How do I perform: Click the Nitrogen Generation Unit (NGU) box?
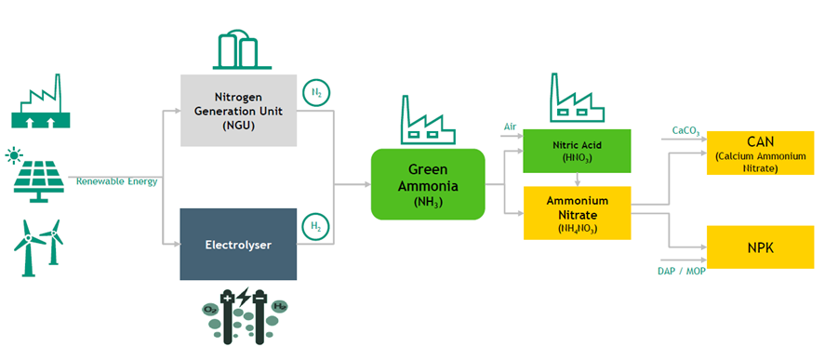coord(238,112)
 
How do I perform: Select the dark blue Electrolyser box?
coord(238,245)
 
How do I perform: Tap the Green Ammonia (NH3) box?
coord(428,184)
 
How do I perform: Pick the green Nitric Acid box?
coord(578,152)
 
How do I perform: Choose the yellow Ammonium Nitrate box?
coord(578,213)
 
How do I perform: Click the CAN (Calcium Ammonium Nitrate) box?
coord(760,153)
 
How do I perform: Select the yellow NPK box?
coord(760,247)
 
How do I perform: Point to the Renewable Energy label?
coord(116,180)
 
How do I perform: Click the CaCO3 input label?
coord(685,130)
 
